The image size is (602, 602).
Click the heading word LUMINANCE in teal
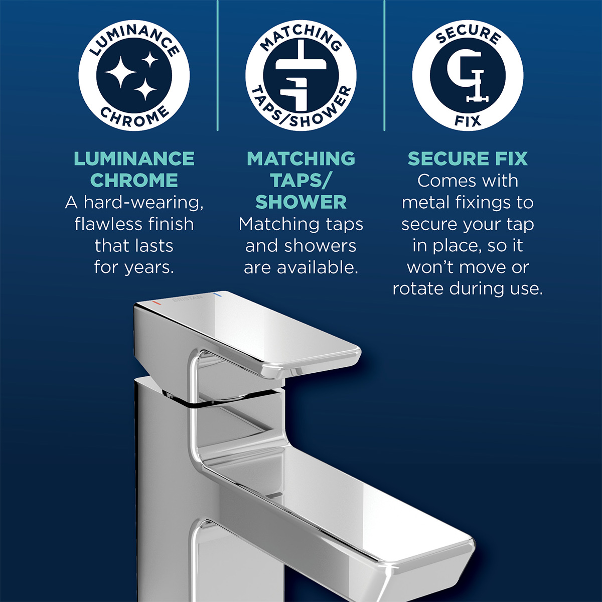134,159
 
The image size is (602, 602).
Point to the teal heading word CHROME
134,180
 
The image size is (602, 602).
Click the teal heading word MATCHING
301,159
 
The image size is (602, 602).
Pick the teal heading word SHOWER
301,202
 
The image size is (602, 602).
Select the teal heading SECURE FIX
468,159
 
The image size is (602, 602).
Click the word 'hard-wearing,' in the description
143,202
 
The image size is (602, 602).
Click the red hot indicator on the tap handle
157,303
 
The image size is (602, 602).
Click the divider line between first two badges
218,65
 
